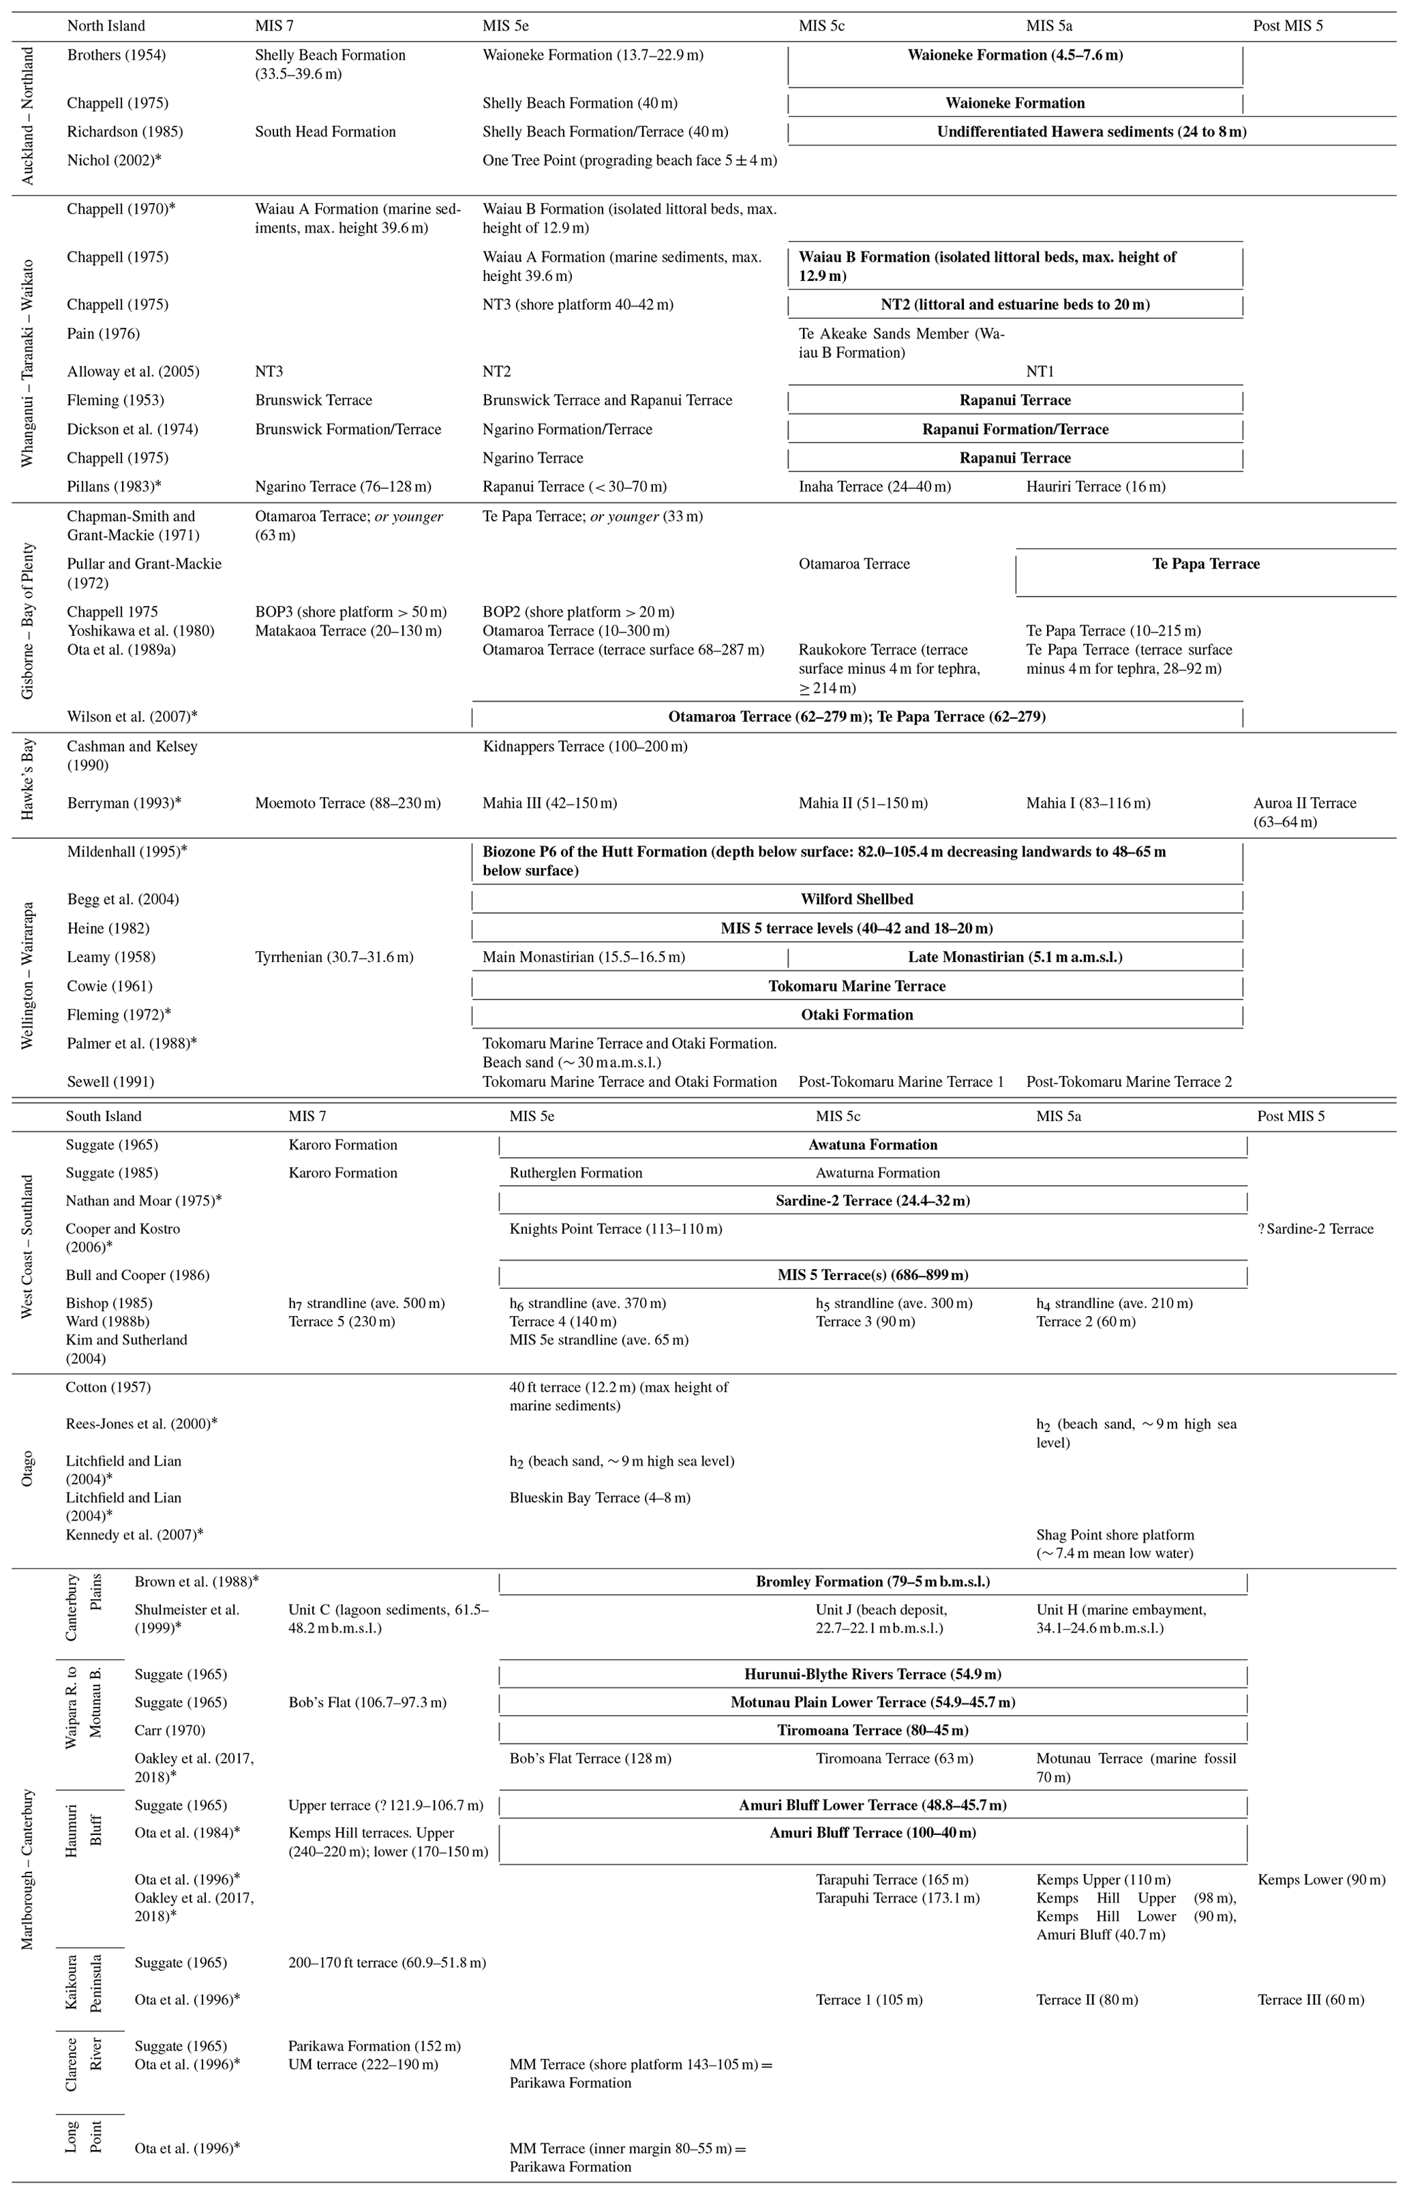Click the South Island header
tap(104, 1116)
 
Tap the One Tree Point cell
tap(629, 160)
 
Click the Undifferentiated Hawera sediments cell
tap(1091, 132)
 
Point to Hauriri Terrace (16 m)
tap(1095, 487)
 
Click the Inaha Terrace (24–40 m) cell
tap(874, 487)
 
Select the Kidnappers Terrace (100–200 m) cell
tap(585, 747)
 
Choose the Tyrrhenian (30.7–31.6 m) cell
tap(334, 957)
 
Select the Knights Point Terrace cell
tap(615, 1229)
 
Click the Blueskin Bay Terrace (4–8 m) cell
tap(599, 1498)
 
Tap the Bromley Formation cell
tap(872, 1582)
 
